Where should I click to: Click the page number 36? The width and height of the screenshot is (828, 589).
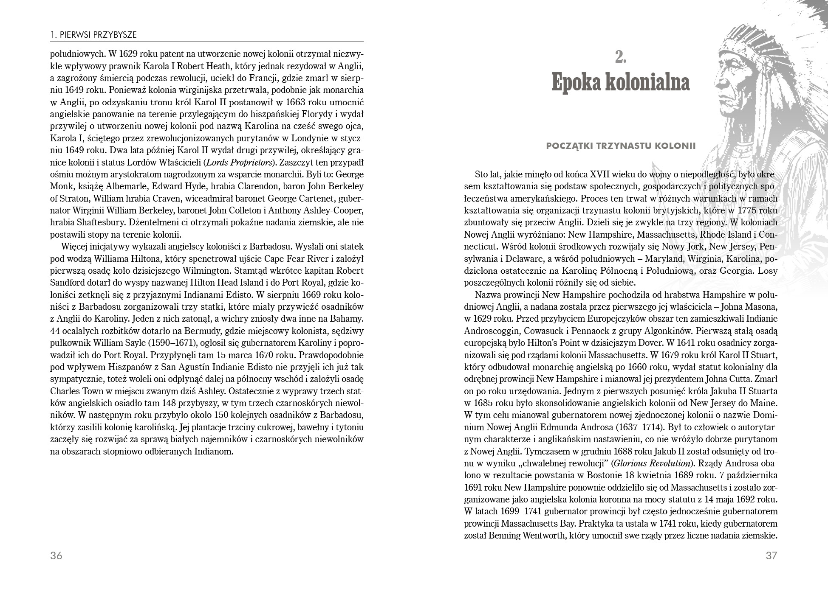pos(56,555)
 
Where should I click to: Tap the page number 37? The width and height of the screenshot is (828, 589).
pos(771,555)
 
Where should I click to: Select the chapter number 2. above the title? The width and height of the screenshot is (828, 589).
pos(621,57)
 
